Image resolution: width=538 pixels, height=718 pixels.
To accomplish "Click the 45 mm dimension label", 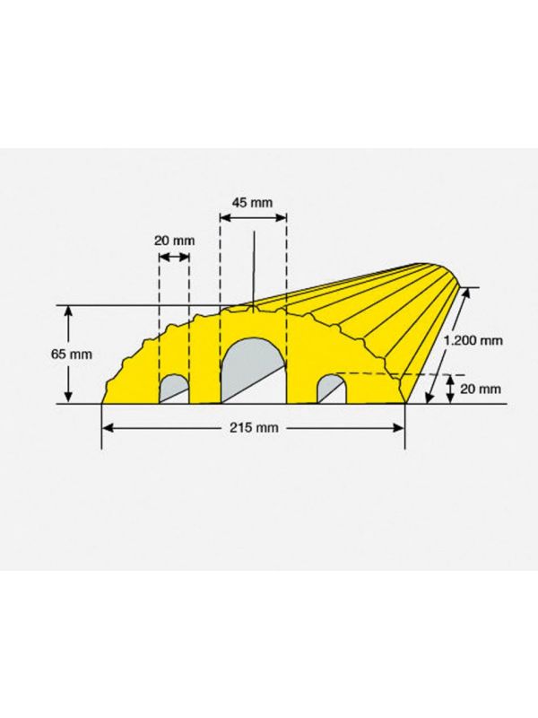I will point(252,203).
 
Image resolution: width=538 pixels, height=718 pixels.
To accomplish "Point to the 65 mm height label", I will point(72,355).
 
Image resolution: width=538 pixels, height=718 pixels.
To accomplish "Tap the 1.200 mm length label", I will point(473,340).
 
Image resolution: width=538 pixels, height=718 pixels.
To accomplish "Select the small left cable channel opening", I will point(174,390).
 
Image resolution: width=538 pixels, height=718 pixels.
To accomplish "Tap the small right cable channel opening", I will point(332,390).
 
